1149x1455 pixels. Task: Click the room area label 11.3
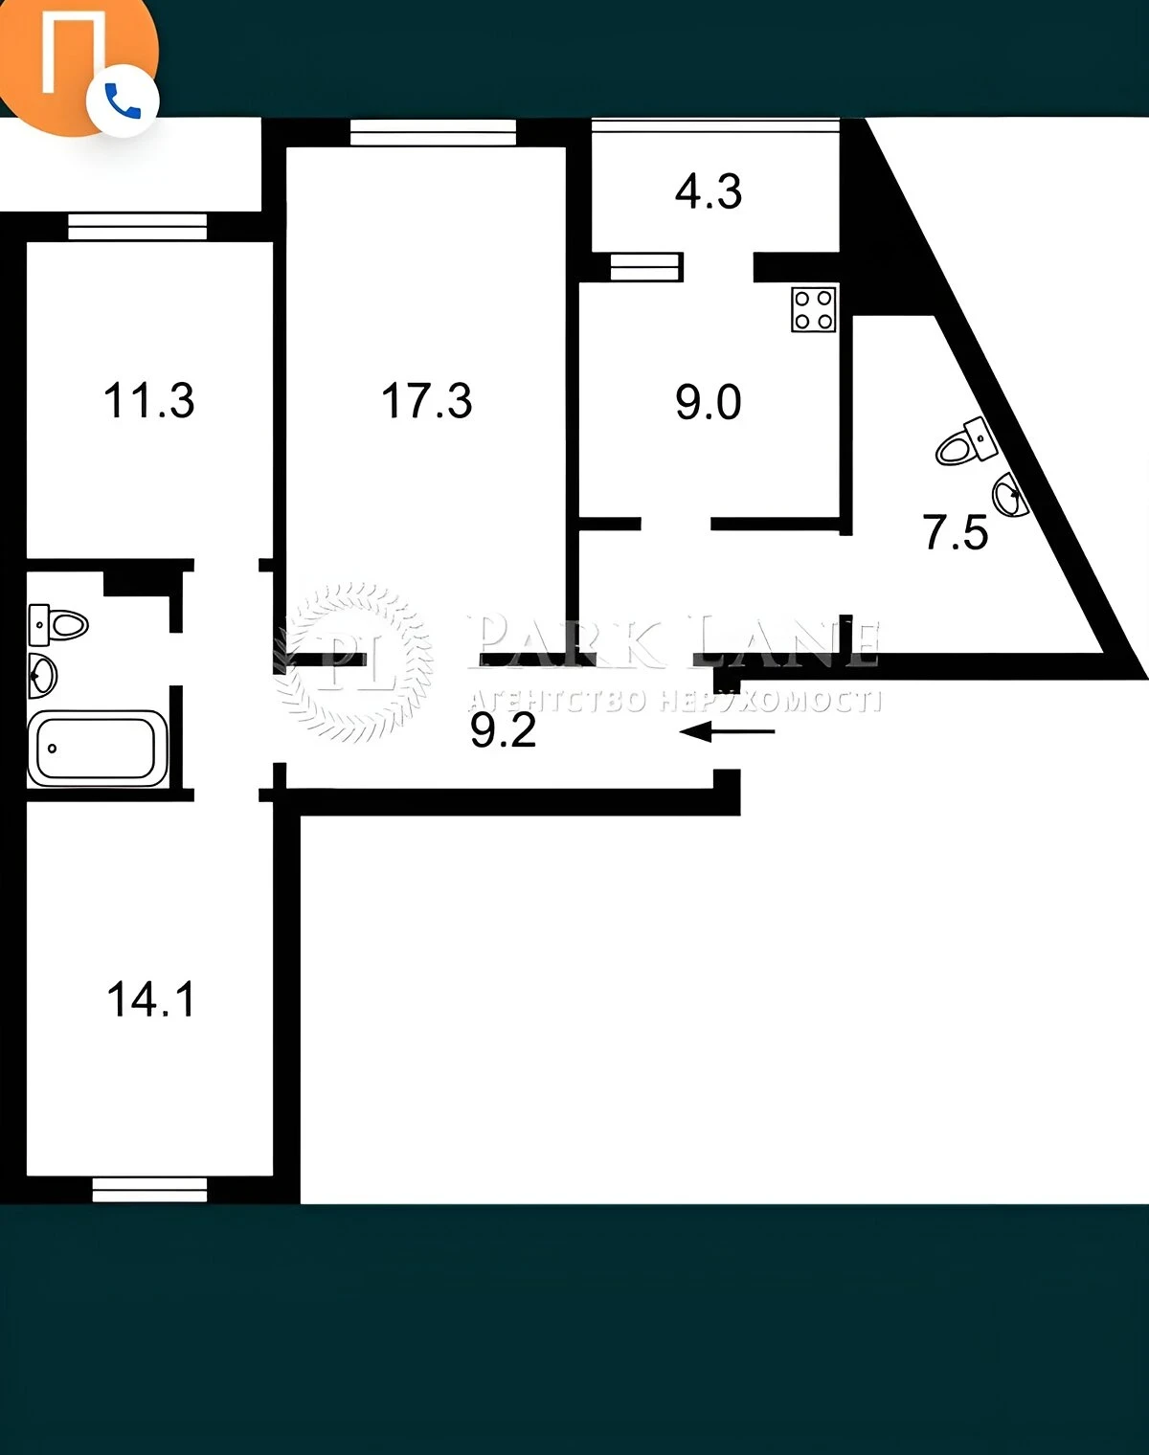[148, 400]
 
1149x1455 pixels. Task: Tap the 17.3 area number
[427, 400]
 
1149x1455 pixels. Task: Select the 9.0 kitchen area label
[708, 402]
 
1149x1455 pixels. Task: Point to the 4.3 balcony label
[708, 191]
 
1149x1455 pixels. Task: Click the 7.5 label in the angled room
[956, 532]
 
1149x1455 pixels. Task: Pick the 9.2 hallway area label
[503, 730]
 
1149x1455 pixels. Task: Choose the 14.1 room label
[151, 1000]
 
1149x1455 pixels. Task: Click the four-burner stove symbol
[814, 309]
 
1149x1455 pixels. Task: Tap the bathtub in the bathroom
[98, 749]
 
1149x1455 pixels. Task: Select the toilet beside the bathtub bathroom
[58, 625]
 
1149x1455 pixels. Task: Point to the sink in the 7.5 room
[1011, 495]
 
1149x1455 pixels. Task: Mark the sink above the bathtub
[42, 675]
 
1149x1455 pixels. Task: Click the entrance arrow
[727, 731]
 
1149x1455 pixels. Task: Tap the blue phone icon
[123, 101]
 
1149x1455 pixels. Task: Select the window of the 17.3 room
[433, 132]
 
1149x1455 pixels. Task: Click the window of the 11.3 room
[137, 227]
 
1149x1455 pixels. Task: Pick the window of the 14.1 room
[149, 1189]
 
